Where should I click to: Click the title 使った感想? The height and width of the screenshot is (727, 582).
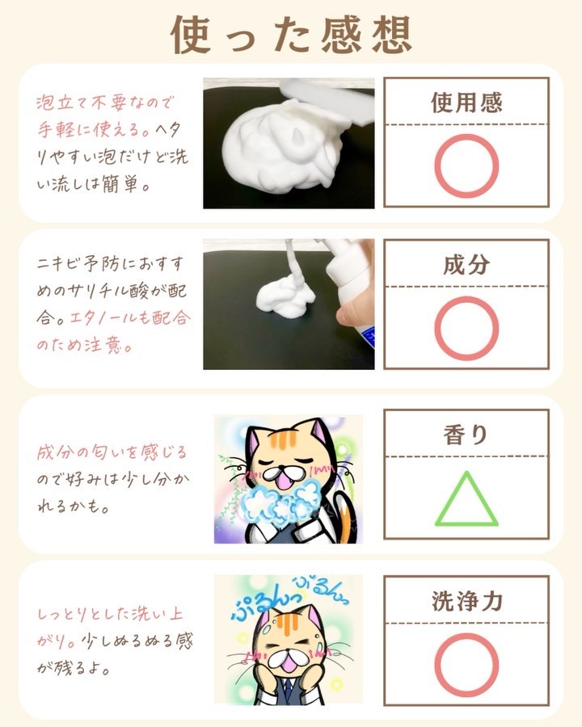point(292,34)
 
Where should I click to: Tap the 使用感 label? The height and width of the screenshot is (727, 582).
point(466,103)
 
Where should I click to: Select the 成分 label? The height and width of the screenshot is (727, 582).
point(466,264)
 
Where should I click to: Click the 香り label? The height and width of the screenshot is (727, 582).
point(466,435)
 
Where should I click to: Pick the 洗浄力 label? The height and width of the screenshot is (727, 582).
point(467,601)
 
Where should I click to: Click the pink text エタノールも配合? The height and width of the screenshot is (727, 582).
point(130,318)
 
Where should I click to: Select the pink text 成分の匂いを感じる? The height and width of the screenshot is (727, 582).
point(112,452)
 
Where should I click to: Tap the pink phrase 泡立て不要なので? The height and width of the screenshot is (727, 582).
point(105,103)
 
